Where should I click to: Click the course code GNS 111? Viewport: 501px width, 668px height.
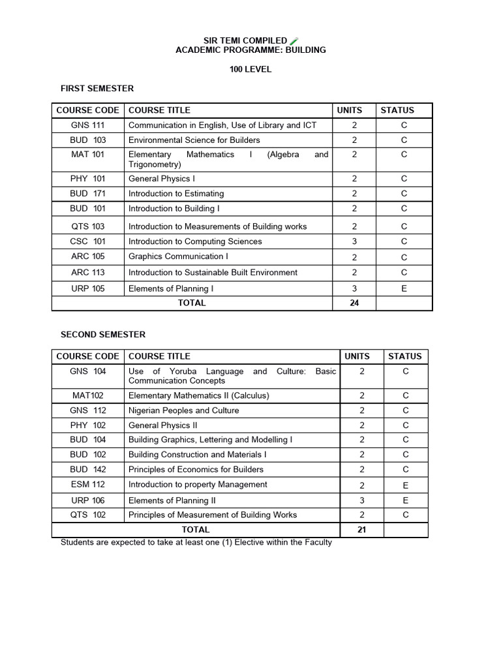click(x=88, y=125)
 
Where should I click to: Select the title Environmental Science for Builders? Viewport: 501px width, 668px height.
click(x=194, y=140)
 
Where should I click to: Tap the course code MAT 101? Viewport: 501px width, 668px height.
click(x=88, y=155)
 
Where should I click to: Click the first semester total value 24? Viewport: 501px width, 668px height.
click(x=354, y=303)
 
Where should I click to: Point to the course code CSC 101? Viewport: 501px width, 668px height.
click(x=88, y=241)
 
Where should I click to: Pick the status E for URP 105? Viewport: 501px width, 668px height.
click(x=404, y=288)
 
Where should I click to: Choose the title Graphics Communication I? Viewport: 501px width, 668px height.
click(x=178, y=256)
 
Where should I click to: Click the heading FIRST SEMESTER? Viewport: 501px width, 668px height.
click(x=97, y=88)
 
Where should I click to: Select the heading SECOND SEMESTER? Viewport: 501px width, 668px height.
click(x=103, y=335)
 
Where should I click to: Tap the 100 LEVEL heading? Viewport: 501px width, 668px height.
click(x=250, y=69)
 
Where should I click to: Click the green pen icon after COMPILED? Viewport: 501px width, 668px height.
click(x=294, y=41)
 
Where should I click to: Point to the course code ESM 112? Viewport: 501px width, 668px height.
click(x=88, y=485)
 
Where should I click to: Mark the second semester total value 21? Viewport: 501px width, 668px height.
click(x=361, y=530)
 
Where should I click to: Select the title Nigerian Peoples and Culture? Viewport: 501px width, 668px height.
click(x=183, y=410)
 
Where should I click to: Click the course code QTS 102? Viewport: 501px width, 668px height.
click(x=88, y=515)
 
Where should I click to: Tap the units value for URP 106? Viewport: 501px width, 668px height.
click(x=361, y=500)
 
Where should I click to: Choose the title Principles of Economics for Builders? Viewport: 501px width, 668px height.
click(x=196, y=470)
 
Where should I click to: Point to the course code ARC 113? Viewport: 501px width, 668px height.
click(x=88, y=273)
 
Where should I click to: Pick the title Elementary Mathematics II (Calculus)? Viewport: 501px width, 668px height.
click(x=198, y=395)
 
